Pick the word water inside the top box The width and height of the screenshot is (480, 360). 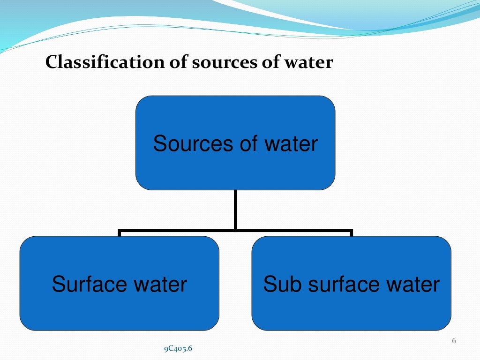tap(291, 144)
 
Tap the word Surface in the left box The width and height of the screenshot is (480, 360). tap(88, 285)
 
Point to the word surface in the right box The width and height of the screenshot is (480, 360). tap(336, 285)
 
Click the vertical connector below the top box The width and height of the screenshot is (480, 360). tap(235, 209)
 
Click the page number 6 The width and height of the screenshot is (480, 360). tap(454, 341)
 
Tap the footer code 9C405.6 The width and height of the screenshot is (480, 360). tap(178, 348)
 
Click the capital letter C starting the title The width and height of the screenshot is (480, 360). tap(50, 62)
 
